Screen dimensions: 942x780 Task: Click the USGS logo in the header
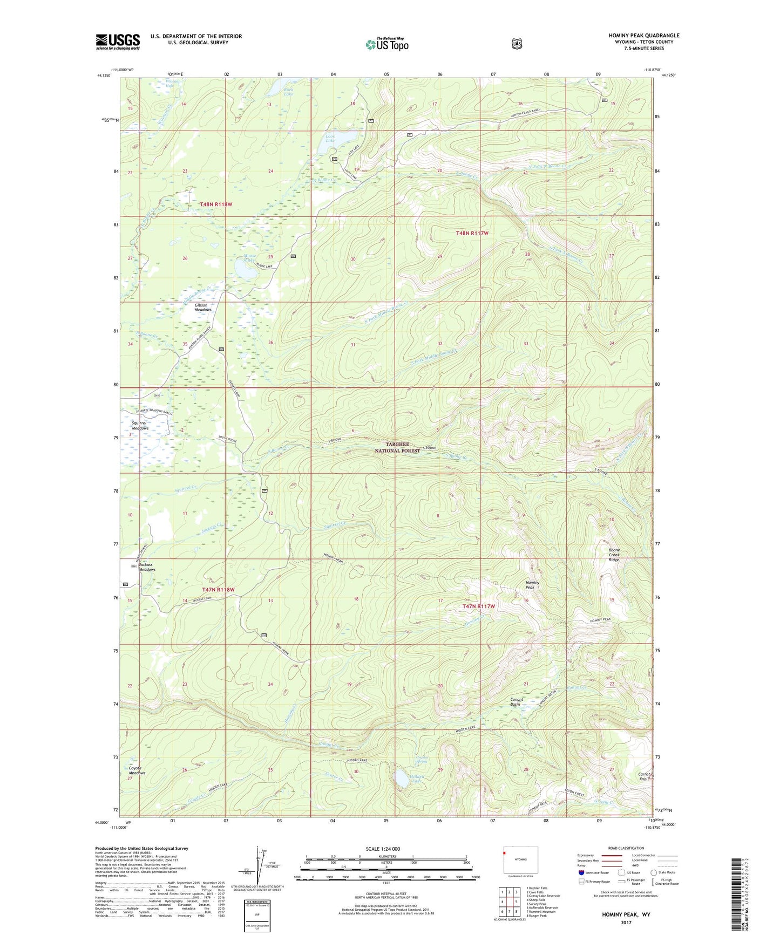coord(118,42)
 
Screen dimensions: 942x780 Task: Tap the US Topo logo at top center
coord(386,44)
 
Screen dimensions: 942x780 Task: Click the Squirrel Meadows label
coord(139,425)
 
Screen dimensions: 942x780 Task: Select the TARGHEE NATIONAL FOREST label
coord(402,447)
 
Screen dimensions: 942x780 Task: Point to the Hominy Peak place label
coord(532,585)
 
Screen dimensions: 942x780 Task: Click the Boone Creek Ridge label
coord(614,555)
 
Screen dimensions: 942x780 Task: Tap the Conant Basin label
coord(517,701)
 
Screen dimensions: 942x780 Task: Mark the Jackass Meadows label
coord(147,567)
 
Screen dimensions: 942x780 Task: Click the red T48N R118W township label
coord(216,204)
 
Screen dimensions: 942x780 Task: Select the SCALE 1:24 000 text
coord(383,849)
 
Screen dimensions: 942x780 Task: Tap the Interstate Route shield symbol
coord(581,872)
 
